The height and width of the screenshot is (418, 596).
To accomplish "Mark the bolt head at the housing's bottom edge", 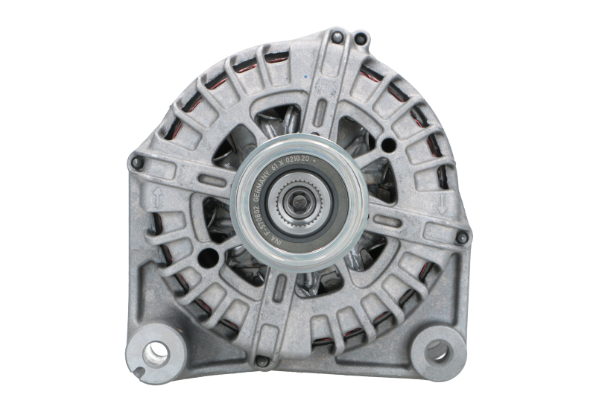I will [x=261, y=362].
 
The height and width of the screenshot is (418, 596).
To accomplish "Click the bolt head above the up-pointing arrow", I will [x=136, y=161].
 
